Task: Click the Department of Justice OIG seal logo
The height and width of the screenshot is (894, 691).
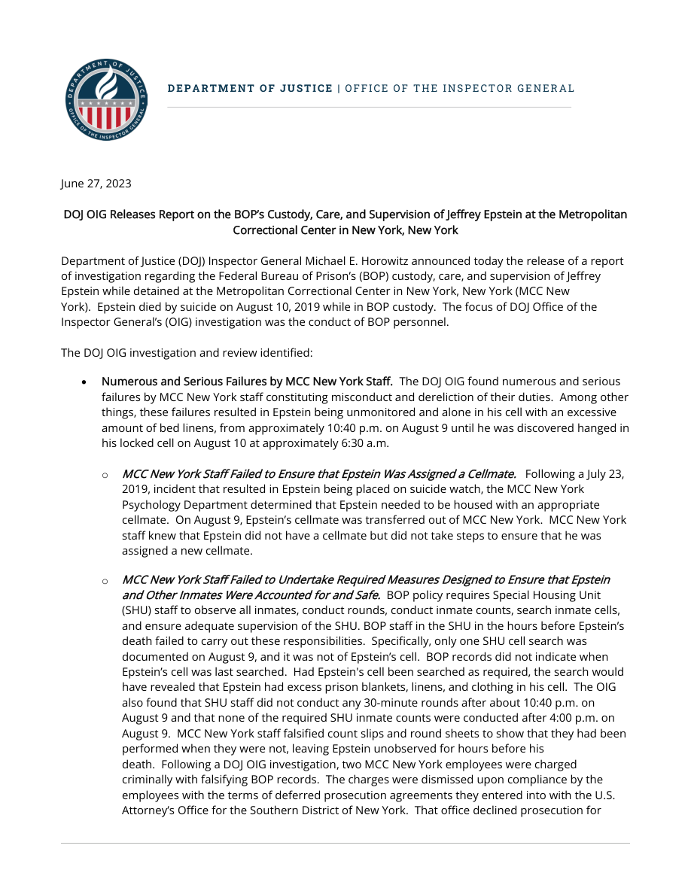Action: click(106, 99)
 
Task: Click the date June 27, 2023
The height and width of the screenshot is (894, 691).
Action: click(96, 184)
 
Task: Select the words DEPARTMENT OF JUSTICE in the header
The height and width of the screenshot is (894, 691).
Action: click(250, 89)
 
